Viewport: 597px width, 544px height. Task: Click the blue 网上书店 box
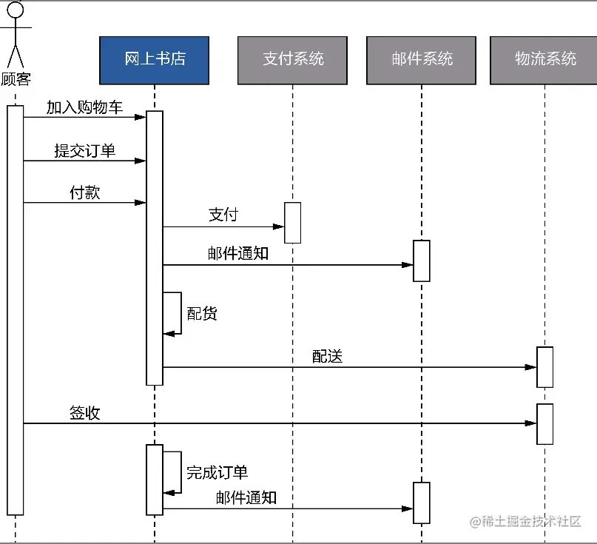pyautogui.click(x=155, y=60)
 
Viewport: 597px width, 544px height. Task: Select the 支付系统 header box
pyautogui.click(x=292, y=60)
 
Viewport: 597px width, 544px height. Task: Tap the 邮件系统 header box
pyautogui.click(x=422, y=60)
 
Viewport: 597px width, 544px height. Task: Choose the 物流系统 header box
pyautogui.click(x=544, y=60)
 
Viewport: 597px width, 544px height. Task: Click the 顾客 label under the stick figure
pyautogui.click(x=16, y=79)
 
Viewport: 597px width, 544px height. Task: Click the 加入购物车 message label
pyautogui.click(x=84, y=107)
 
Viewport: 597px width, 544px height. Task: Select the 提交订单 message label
pyautogui.click(x=84, y=151)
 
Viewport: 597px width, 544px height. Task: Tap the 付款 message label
pyautogui.click(x=84, y=192)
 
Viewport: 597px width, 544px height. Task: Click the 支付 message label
pyautogui.click(x=223, y=215)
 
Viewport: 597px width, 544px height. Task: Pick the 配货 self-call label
pyautogui.click(x=202, y=313)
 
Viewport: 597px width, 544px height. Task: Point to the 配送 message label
pyautogui.click(x=327, y=357)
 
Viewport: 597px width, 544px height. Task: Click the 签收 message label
pyautogui.click(x=84, y=413)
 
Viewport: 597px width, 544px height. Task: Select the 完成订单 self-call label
pyautogui.click(x=217, y=472)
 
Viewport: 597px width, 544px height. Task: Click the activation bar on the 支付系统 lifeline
pyautogui.click(x=293, y=222)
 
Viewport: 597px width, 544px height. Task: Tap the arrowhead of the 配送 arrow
pyautogui.click(x=531, y=367)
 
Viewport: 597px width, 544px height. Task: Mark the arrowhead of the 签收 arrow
pyautogui.click(x=531, y=423)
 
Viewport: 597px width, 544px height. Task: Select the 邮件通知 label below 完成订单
pyautogui.click(x=246, y=497)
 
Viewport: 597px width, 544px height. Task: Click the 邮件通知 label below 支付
pyautogui.click(x=238, y=254)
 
